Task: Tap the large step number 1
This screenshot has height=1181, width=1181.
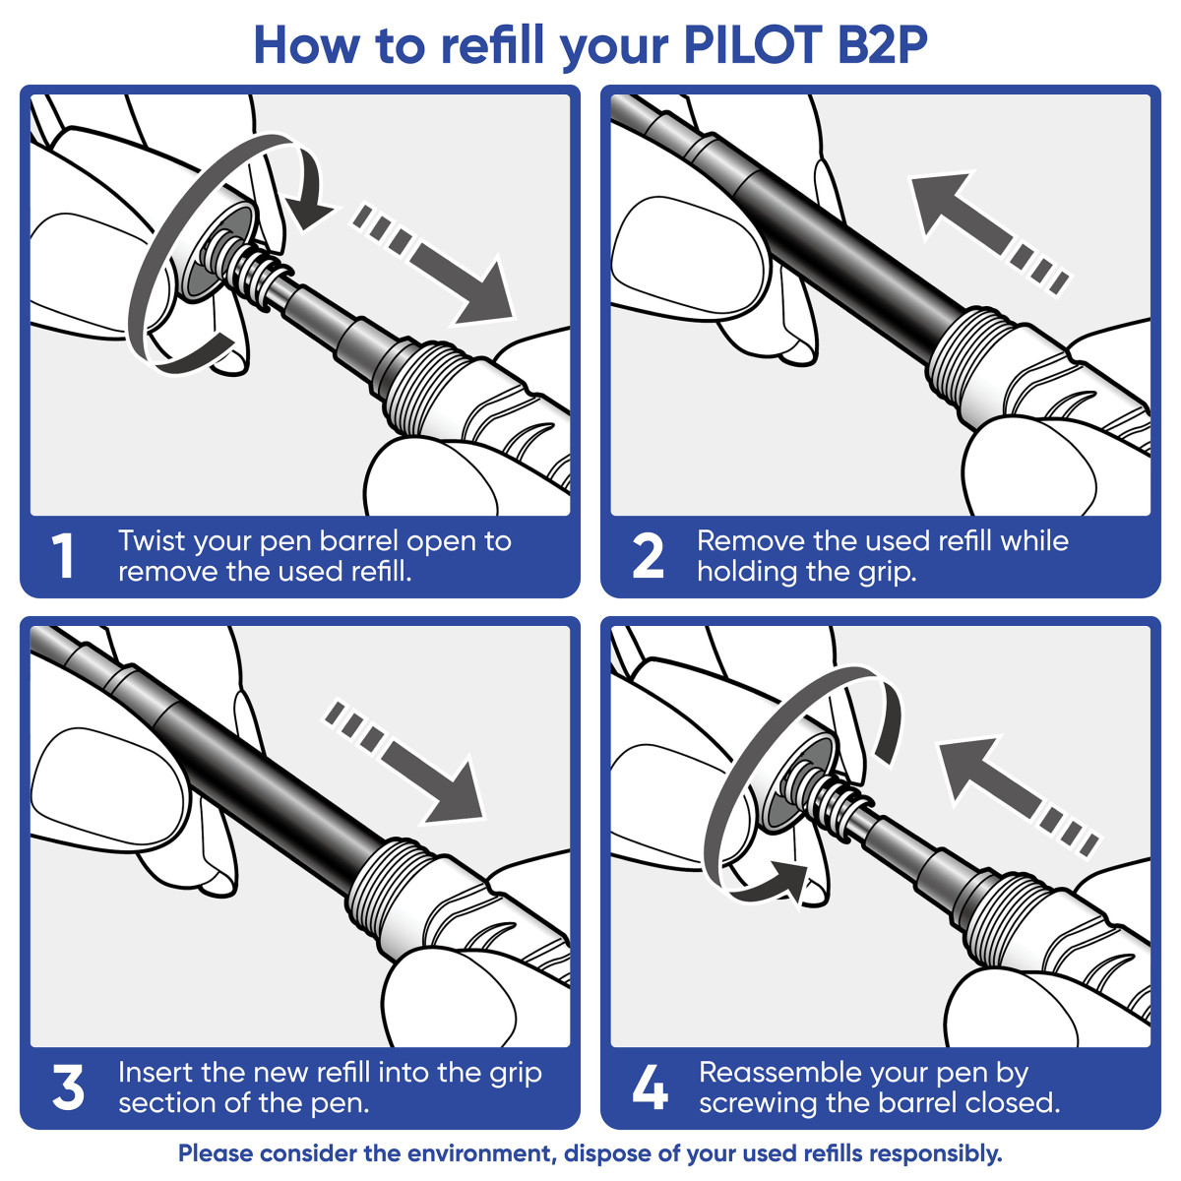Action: pyautogui.click(x=63, y=557)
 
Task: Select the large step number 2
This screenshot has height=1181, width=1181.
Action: pyautogui.click(x=648, y=557)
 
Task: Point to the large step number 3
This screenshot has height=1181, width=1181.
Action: pyautogui.click(x=68, y=1088)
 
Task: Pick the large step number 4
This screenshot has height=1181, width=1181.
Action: pyautogui.click(x=650, y=1088)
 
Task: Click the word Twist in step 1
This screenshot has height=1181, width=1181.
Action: pyautogui.click(x=153, y=541)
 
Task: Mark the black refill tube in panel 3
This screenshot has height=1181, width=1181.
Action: pyautogui.click(x=256, y=777)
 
